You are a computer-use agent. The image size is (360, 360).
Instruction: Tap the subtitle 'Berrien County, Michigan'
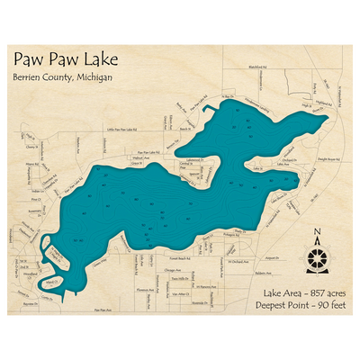(x=62, y=77)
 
